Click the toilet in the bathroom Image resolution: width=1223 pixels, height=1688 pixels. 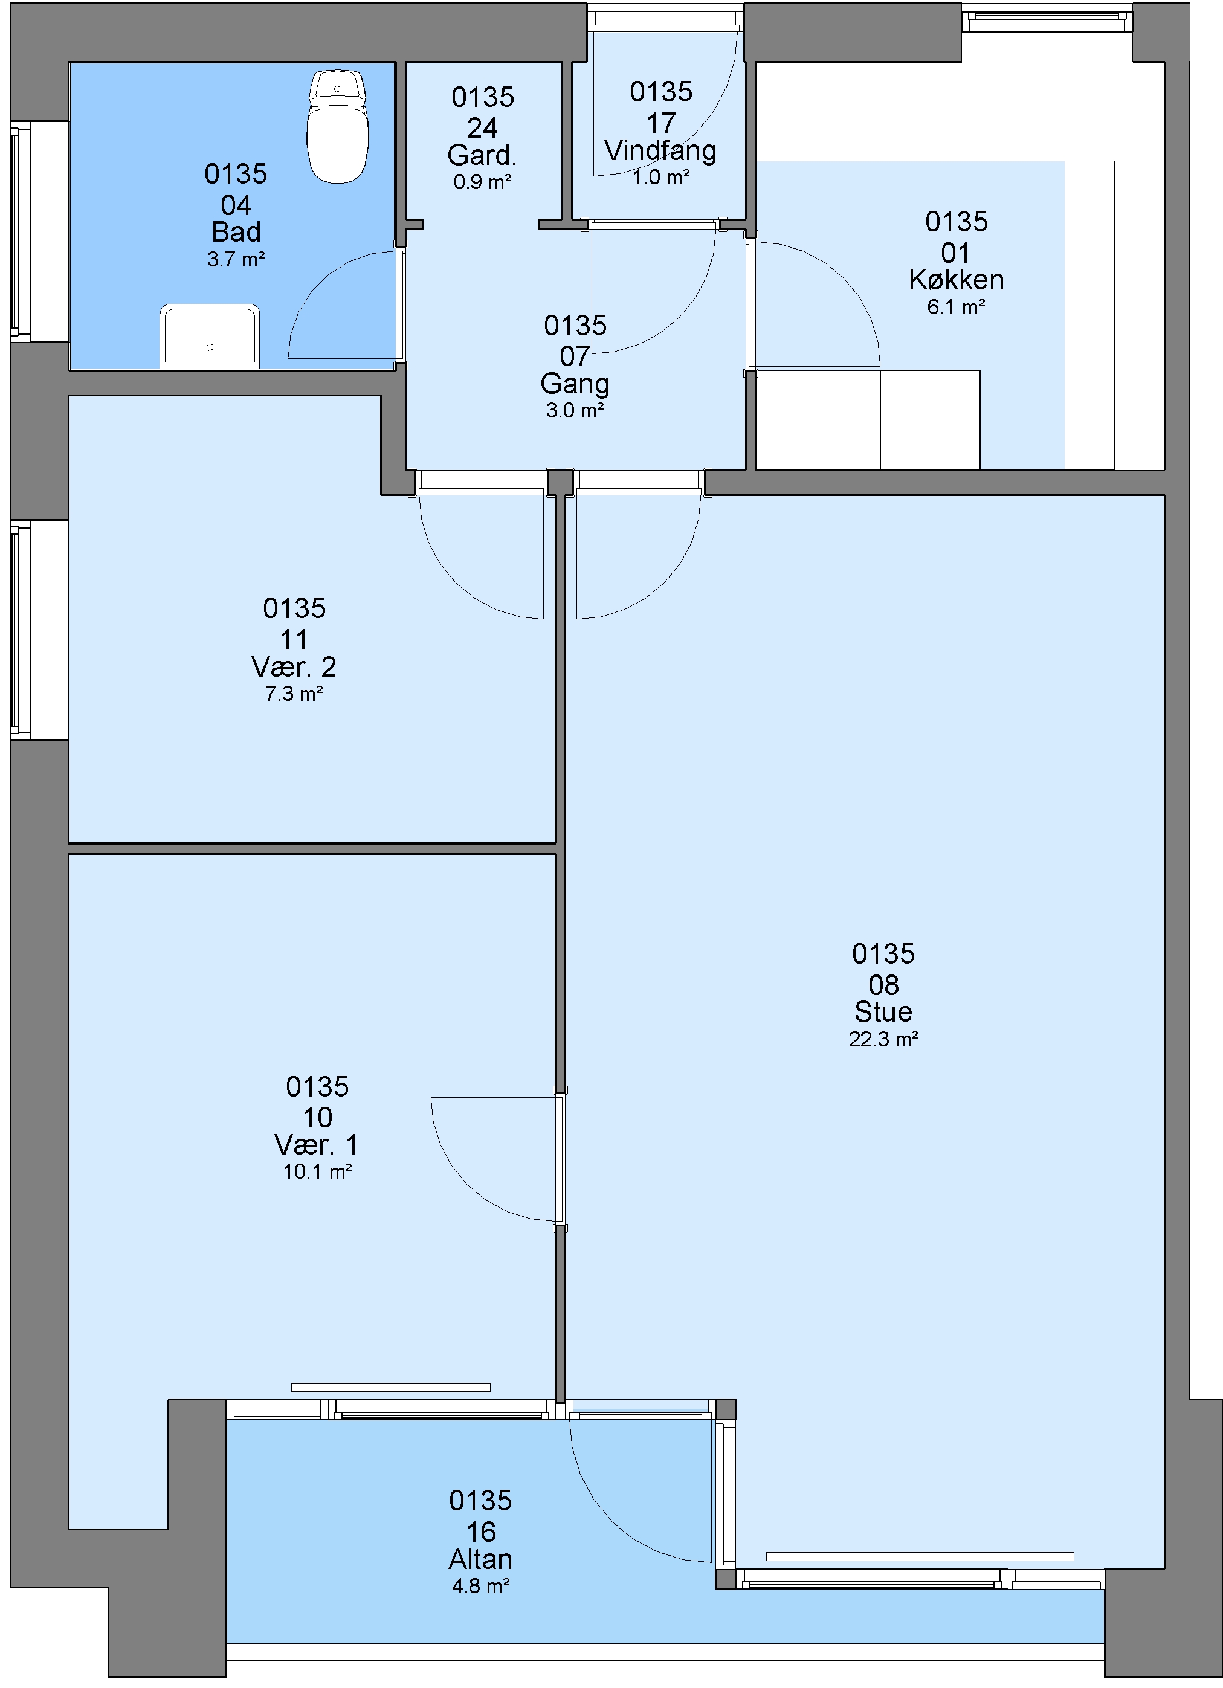coord(338,126)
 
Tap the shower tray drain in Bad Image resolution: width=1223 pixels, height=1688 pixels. coord(210,347)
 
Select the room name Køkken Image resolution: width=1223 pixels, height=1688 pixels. coord(957,280)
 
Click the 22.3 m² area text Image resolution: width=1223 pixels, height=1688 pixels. coord(883,1039)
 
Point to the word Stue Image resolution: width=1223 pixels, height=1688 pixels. coord(883,1011)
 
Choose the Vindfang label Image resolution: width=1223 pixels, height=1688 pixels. coord(660,151)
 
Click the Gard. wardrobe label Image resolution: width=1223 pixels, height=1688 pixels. coord(482,155)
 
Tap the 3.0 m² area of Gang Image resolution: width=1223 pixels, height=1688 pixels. coord(575,410)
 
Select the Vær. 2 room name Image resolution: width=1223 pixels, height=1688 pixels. coord(294,666)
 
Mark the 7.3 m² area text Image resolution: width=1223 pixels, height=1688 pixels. coord(294,694)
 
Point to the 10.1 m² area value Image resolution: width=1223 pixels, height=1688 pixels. coord(317,1171)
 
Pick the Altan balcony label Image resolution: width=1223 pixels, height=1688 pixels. coord(480,1559)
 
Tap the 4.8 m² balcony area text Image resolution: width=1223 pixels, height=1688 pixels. coord(481,1586)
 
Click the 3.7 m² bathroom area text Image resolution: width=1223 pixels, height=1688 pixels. coord(236,259)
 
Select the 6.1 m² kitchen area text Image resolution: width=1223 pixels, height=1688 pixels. coord(956,307)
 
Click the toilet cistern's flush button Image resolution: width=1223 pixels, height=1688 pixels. coord(337,89)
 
